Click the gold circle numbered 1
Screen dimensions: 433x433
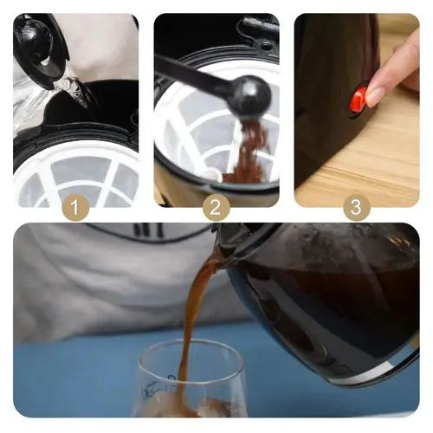tap(75, 207)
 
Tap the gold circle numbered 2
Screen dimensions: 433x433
tap(216, 207)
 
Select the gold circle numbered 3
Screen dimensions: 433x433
tap(357, 207)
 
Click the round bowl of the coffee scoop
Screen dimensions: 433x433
tap(250, 96)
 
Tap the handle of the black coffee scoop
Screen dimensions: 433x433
tap(194, 74)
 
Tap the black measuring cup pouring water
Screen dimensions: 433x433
tap(41, 49)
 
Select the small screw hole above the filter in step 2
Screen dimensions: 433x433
tap(265, 46)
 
